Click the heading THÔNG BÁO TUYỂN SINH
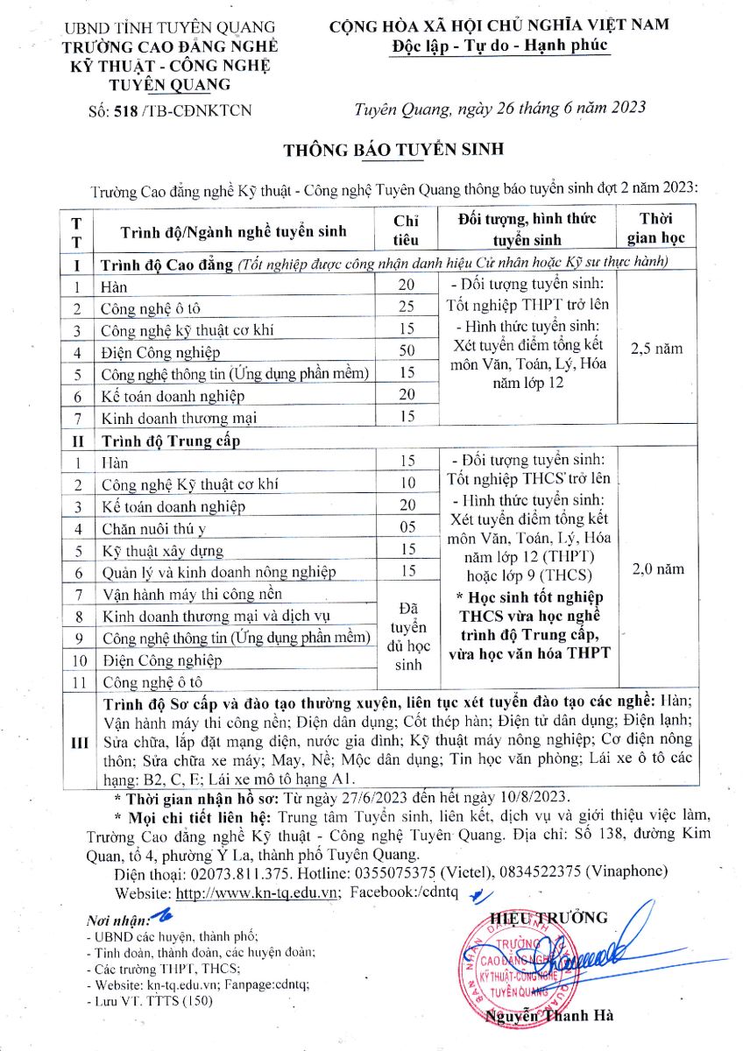click(x=393, y=150)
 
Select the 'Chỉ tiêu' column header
click(x=407, y=229)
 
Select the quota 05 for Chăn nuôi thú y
click(x=407, y=528)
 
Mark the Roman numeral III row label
click(x=78, y=742)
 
